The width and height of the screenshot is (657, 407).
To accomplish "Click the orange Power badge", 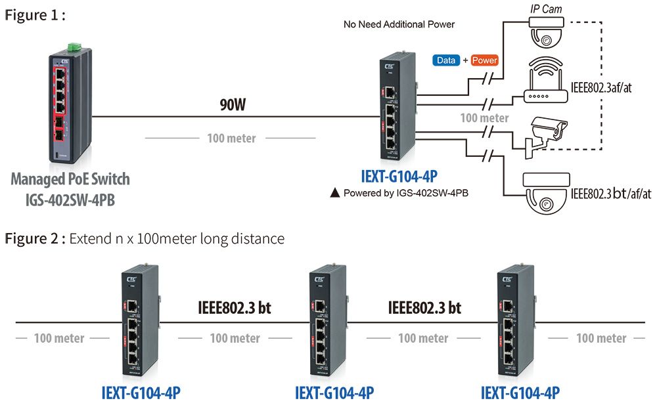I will pos(484,60).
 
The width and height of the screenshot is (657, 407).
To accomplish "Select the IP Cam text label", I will pos(547,9).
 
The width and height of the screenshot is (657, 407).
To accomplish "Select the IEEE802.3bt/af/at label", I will pos(610,193).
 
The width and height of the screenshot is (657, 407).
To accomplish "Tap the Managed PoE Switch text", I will pos(70,179).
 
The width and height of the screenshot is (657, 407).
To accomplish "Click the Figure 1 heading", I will pos(35,14).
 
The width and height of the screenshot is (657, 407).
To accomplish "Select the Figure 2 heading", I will pos(35,238).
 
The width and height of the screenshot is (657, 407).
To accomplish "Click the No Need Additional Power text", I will pos(399,24).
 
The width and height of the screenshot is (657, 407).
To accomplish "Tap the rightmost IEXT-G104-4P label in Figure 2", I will pos(520,393).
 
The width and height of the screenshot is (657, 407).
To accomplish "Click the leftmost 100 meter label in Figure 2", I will pos(59,339).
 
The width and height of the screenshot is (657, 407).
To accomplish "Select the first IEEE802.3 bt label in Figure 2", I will pos(234,308).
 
